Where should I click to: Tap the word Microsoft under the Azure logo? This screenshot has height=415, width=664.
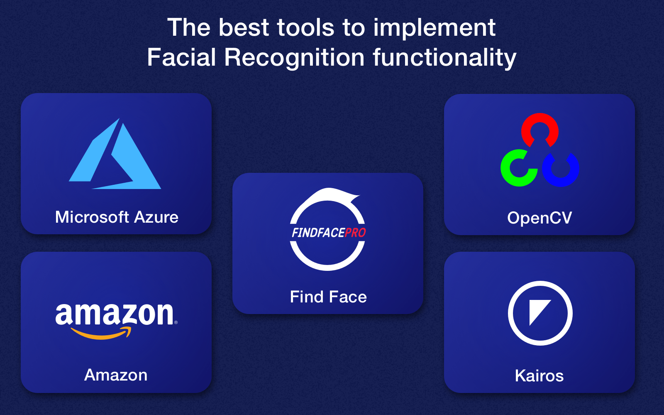92,217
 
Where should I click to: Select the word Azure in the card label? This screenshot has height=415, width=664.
156,217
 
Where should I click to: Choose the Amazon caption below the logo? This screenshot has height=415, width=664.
116,375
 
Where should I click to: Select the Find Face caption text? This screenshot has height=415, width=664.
328,297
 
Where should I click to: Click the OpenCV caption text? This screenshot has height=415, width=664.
539,218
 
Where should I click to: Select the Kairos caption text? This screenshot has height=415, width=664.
539,376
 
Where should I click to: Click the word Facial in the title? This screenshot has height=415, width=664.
181,57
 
